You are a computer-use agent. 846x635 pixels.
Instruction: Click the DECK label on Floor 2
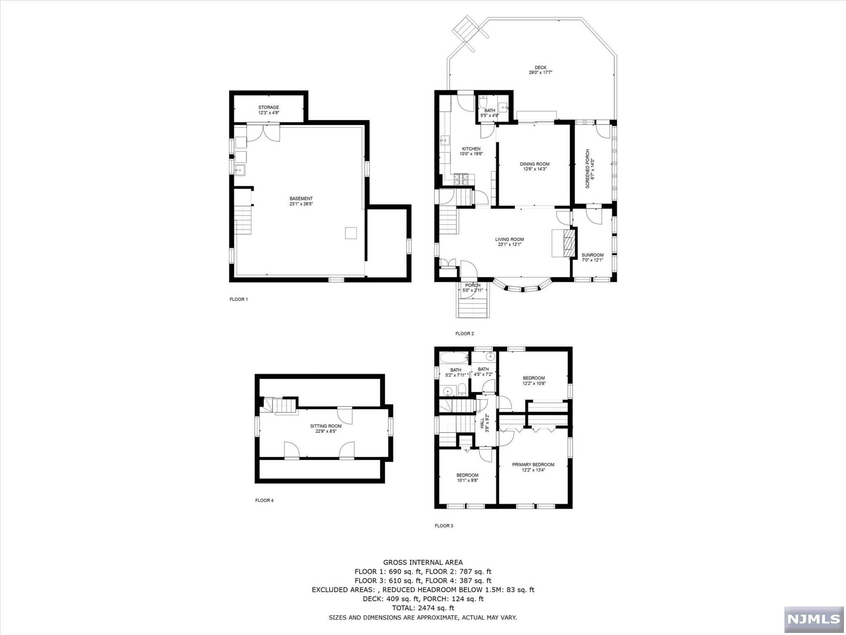[x=540, y=67]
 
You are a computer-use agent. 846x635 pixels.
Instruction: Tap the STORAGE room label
[x=269, y=107]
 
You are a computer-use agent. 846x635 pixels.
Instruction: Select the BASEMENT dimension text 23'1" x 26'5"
[x=301, y=204]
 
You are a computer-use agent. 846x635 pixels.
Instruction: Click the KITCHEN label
[x=471, y=149]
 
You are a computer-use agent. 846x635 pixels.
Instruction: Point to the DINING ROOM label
[x=535, y=164]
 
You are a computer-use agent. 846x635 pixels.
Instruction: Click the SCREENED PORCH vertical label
[x=587, y=169]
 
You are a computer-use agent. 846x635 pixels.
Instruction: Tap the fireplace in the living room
[x=568, y=243]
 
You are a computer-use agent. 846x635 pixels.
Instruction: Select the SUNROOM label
[x=592, y=255]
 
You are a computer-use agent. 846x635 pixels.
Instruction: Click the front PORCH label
[x=473, y=285]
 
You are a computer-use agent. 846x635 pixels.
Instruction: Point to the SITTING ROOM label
[x=326, y=426]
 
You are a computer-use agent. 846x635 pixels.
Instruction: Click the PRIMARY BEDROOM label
[x=533, y=465]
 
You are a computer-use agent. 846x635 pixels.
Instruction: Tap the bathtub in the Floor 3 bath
[x=454, y=358]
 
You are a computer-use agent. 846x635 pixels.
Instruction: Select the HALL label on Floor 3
[x=482, y=423]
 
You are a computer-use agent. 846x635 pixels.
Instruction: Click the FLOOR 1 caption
[x=238, y=299]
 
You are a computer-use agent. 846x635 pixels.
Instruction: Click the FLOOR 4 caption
[x=264, y=500]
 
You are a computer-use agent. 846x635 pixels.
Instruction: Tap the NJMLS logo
[x=813, y=619]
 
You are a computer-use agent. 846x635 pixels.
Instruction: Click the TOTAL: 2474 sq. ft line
[x=423, y=608]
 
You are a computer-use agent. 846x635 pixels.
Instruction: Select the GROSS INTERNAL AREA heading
[x=423, y=562]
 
